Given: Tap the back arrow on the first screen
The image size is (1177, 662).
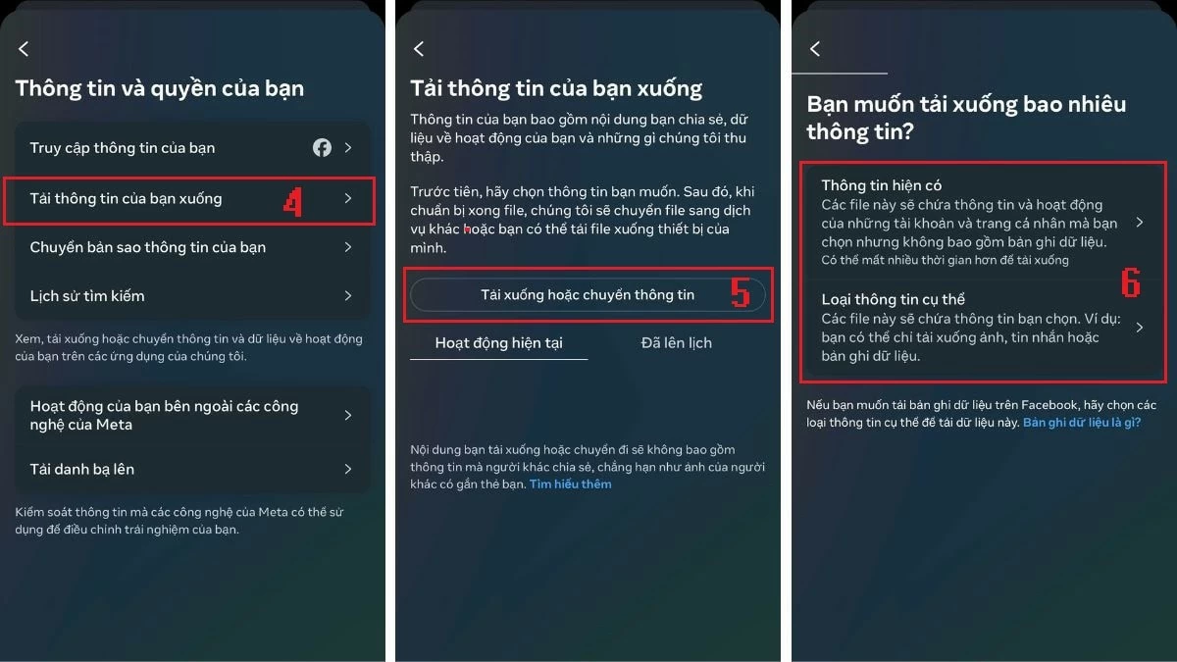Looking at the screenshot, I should point(24,49).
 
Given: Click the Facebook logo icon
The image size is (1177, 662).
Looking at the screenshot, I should point(322,148).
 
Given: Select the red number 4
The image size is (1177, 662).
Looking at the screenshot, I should point(292,201).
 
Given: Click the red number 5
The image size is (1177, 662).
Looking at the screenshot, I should point(741,293).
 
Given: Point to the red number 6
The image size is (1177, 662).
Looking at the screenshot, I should point(1131,283).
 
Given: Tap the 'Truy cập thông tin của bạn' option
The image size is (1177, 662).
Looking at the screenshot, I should point(123,148).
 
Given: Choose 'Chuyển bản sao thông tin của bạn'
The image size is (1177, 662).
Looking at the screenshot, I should point(148,247).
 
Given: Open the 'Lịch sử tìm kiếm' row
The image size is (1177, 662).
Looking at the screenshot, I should point(87,295).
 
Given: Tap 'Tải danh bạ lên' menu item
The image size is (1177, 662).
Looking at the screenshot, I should point(82,469).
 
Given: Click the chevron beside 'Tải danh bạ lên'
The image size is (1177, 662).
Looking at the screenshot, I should point(348,469).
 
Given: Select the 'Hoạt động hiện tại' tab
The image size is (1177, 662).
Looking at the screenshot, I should point(498,343).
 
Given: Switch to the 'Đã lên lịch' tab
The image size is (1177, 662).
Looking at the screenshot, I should point(677,343).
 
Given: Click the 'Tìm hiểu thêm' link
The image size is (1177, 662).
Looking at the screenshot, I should point(570,484).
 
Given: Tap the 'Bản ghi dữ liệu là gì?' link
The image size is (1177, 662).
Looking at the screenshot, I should point(1082,423).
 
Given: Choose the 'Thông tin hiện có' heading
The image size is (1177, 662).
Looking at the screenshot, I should point(882,185).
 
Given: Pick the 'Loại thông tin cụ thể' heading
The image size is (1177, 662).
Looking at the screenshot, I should point(895,299).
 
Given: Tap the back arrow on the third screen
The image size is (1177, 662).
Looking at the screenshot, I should point(814,49).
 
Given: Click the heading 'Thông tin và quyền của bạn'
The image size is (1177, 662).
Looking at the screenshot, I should point(160,88).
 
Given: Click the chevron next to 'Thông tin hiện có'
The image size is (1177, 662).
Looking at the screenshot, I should point(1140,223).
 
